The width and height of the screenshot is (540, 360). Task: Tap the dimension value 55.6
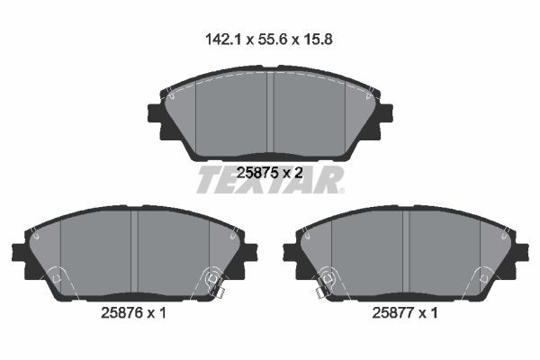coord(272,40)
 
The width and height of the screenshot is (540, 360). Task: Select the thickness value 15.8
coord(318,40)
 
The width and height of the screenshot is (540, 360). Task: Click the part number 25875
coord(257,172)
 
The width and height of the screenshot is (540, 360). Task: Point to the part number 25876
coord(121,313)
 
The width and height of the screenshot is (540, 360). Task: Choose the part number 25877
coord(393,313)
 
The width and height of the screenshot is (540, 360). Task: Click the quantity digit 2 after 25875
coord(299,172)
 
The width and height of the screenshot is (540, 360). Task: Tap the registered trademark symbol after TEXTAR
coord(341,191)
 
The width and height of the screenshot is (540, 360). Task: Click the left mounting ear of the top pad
coord(155,113)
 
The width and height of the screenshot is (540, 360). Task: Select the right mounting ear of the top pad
coord(386,113)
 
